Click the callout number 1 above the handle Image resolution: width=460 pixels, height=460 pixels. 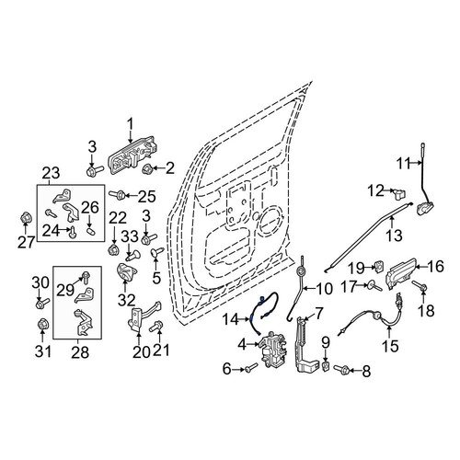pyautogui.click(x=131, y=125)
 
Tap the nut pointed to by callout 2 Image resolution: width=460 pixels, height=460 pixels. pyautogui.click(x=148, y=168)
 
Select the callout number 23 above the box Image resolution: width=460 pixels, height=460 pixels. pyautogui.click(x=51, y=174)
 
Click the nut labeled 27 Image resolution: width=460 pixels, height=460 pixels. pyautogui.click(x=25, y=218)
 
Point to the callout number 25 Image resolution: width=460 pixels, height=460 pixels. pyautogui.click(x=147, y=197)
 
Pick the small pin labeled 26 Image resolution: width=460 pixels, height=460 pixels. pyautogui.click(x=91, y=230)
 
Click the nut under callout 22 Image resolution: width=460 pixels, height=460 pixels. pyautogui.click(x=114, y=249)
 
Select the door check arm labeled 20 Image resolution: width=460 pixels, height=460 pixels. pyautogui.click(x=144, y=316)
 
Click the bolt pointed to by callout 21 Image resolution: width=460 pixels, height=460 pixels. pyautogui.click(x=157, y=327)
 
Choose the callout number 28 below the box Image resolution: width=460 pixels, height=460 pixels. pyautogui.click(x=80, y=352)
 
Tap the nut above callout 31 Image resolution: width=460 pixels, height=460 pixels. pyautogui.click(x=42, y=324)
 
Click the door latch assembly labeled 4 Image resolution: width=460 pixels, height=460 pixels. pyautogui.click(x=273, y=351)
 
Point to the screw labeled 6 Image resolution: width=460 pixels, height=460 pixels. pyautogui.click(x=251, y=367)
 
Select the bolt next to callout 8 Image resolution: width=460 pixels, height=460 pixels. pyautogui.click(x=341, y=368)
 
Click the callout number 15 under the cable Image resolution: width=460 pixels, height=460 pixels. pyautogui.click(x=390, y=346)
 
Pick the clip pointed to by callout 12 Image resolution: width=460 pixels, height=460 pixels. pyautogui.click(x=399, y=193)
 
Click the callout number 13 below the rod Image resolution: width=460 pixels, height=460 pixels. pyautogui.click(x=394, y=236)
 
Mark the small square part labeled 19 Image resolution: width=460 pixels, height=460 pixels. pyautogui.click(x=378, y=266)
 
